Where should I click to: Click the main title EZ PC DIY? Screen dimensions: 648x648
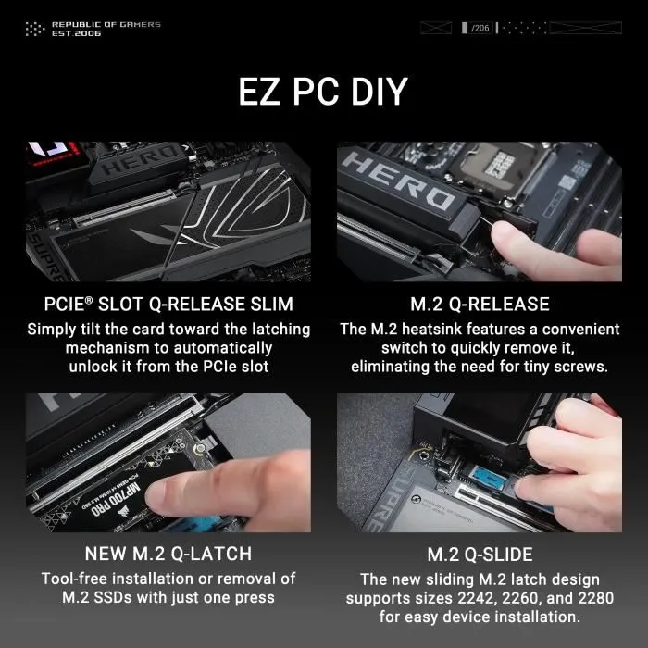(323, 94)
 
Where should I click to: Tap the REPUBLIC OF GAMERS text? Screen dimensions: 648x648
(106, 24)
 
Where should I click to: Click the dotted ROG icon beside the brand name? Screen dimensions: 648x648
(35, 29)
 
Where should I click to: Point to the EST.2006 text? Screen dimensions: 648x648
(76, 33)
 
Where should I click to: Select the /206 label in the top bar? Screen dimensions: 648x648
(480, 28)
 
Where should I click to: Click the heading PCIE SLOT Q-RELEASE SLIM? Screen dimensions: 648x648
(168, 304)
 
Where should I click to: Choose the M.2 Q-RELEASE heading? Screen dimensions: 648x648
(480, 304)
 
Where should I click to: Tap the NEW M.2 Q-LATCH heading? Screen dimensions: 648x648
(168, 554)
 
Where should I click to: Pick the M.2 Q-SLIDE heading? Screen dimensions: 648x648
(480, 554)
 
